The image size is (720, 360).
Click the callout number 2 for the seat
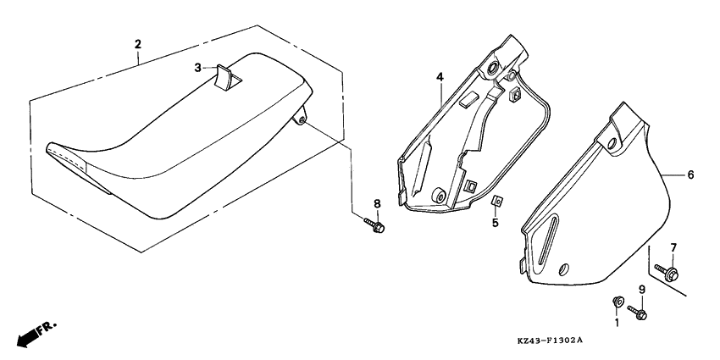pyautogui.click(x=137, y=43)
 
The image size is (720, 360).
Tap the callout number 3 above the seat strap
pyautogui.click(x=197, y=66)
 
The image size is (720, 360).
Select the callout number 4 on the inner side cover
pyautogui.click(x=440, y=77)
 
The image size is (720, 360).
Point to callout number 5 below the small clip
pyautogui.click(x=496, y=224)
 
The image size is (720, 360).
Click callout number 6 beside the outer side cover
pyautogui.click(x=690, y=174)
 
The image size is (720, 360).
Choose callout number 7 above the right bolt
pyautogui.click(x=674, y=247)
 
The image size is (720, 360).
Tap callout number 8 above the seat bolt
pyautogui.click(x=378, y=203)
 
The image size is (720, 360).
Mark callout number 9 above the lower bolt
pyautogui.click(x=642, y=290)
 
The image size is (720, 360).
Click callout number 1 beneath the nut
pyautogui.click(x=617, y=323)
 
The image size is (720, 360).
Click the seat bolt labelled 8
pyautogui.click(x=375, y=226)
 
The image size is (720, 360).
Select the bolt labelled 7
pyautogui.click(x=669, y=273)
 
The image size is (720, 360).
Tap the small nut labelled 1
pyautogui.click(x=617, y=302)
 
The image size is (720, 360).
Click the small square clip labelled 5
pyautogui.click(x=496, y=202)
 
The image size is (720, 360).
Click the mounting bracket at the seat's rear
pyautogui.click(x=301, y=121)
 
